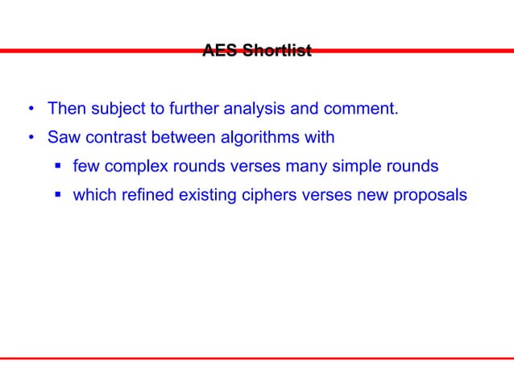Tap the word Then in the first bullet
(66, 108)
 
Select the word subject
(117, 108)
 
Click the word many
(315, 166)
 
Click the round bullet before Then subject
(30, 109)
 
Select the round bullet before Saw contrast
(30, 138)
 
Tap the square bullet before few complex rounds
(57, 167)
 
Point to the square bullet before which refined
(57, 196)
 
